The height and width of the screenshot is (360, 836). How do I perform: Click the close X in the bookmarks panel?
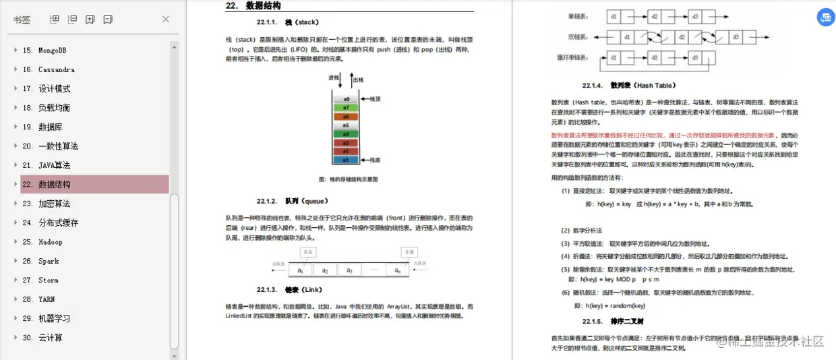point(166,20)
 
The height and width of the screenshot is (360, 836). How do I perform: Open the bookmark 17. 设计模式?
point(54,88)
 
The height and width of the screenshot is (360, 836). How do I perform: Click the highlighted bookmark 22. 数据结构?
point(54,184)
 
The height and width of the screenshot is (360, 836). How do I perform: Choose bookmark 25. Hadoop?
point(51,241)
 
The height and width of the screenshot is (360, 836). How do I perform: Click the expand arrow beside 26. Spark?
point(16,261)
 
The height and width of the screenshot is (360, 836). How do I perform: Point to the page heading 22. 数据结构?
point(253,6)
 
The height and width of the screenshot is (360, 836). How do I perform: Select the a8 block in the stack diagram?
point(346,99)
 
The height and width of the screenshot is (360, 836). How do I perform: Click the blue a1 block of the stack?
point(346,160)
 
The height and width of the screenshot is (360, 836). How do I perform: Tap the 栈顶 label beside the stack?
point(375,99)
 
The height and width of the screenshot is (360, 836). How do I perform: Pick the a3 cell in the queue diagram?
point(349,270)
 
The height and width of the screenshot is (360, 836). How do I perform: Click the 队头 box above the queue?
point(309,252)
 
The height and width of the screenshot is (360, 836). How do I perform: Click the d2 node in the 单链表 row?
point(655,16)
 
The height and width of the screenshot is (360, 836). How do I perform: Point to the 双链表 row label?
point(578,36)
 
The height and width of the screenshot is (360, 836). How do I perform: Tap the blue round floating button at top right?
point(825,18)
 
